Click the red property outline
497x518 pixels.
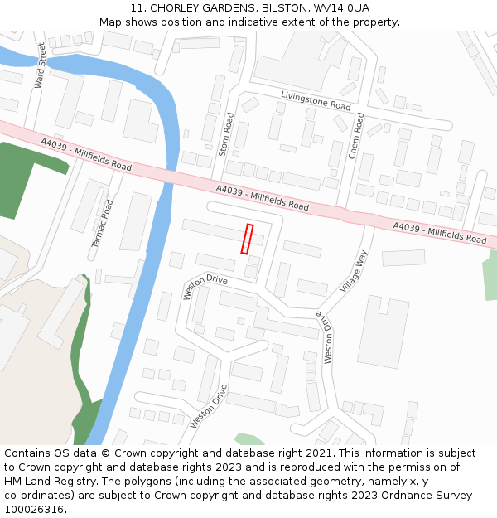(247, 239)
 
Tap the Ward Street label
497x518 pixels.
(40, 66)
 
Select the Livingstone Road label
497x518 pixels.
(316, 100)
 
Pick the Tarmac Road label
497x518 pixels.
(102, 223)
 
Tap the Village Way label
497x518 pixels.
(353, 270)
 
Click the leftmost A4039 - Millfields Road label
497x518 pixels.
(86, 155)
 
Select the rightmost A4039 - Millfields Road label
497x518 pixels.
(440, 233)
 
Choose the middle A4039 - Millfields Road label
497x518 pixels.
(262, 197)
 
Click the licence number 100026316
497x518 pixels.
(36, 510)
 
